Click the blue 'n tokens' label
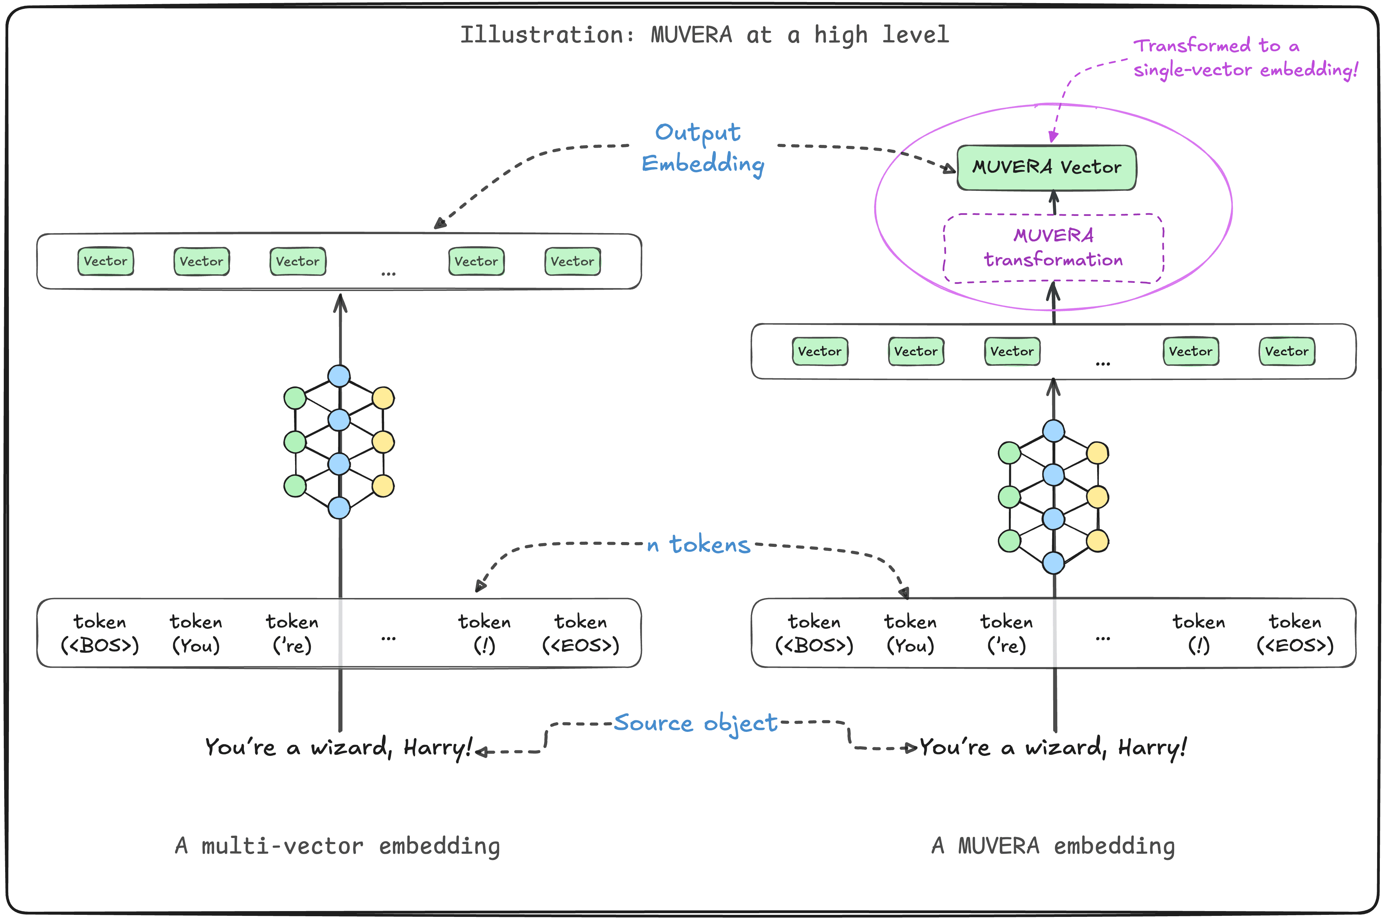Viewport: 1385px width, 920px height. [x=699, y=544]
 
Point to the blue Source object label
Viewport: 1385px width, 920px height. [x=695, y=723]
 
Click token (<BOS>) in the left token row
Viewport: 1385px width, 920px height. [x=100, y=634]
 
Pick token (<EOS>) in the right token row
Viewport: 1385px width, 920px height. [x=1295, y=634]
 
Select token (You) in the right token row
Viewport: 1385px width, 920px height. [x=910, y=634]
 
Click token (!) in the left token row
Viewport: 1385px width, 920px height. [x=484, y=634]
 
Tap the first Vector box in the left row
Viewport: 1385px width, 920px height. [x=106, y=261]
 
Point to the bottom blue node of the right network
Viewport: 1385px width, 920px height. [x=1053, y=563]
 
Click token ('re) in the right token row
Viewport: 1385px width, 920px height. [x=1006, y=634]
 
